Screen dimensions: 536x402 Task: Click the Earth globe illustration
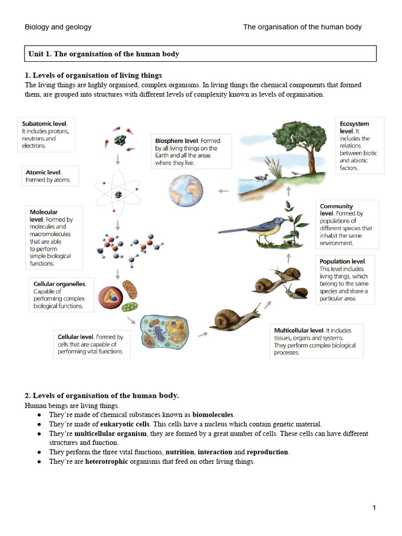pos(185,190)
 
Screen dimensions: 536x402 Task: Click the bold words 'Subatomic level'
pos(44,124)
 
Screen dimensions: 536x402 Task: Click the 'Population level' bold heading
pos(343,261)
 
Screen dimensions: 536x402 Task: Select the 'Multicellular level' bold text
pos(299,330)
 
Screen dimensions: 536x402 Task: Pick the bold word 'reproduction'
pos(267,452)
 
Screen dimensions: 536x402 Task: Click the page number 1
pos(374,507)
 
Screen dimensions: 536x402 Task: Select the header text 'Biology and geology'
pos(58,27)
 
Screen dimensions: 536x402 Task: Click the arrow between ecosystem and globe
pos(224,191)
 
